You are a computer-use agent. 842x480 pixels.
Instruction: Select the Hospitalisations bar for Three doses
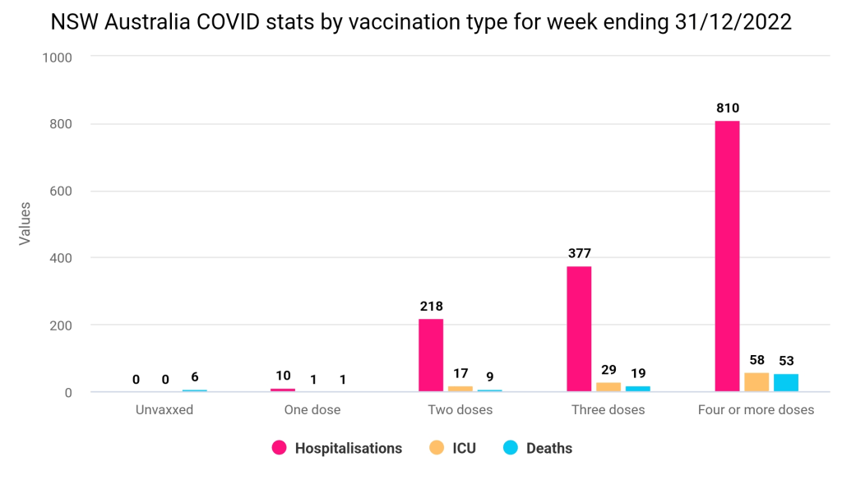click(x=579, y=329)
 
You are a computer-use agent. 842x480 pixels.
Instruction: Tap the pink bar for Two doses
click(x=431, y=355)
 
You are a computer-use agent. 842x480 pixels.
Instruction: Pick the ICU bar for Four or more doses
click(x=756, y=382)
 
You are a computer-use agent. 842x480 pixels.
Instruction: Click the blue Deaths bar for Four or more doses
click(x=786, y=383)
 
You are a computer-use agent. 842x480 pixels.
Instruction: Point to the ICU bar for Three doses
click(x=608, y=387)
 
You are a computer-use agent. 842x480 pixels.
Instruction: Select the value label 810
click(x=727, y=108)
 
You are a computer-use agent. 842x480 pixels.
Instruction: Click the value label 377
click(x=579, y=253)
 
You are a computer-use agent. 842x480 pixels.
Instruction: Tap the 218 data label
click(x=431, y=307)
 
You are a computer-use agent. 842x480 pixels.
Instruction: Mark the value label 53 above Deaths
click(x=786, y=361)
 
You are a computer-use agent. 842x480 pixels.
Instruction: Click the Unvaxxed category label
click(x=164, y=409)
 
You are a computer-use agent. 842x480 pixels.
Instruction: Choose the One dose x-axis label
click(x=312, y=409)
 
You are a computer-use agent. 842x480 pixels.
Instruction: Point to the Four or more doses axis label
click(x=756, y=409)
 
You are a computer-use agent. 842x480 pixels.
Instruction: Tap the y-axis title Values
click(x=25, y=223)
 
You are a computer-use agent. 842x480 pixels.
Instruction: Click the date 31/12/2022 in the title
click(x=730, y=22)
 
